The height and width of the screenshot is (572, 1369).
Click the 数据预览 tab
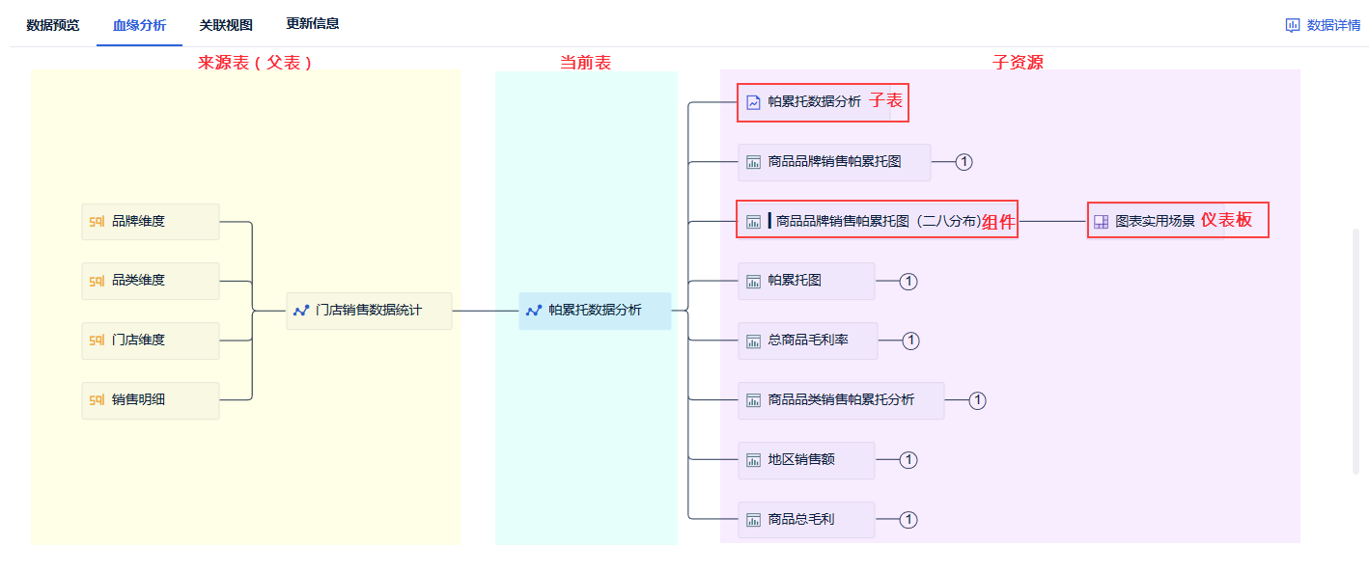tap(53, 25)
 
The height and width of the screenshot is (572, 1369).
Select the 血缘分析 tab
tap(139, 25)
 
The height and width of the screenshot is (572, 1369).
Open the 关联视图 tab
tap(226, 25)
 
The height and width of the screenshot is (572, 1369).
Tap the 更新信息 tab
tap(313, 23)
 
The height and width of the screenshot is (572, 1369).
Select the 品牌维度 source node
tap(151, 221)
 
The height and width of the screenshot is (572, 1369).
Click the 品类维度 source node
tap(151, 281)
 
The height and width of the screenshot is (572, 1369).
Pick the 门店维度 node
tap(151, 340)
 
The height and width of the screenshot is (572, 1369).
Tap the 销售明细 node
tap(151, 399)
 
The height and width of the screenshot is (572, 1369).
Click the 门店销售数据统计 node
tap(369, 311)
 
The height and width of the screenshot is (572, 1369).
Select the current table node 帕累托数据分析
tap(595, 311)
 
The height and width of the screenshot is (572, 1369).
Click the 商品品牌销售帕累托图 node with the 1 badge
tap(834, 162)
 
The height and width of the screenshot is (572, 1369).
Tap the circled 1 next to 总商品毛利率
tap(910, 340)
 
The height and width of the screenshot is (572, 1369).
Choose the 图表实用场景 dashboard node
tap(1154, 221)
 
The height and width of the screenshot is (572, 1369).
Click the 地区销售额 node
tap(806, 460)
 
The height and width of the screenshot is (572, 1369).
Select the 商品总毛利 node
tap(806, 520)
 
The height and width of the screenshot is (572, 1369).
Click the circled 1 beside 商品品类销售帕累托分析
tap(977, 400)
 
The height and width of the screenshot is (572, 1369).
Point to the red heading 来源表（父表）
tap(256, 62)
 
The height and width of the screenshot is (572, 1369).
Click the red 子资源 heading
tap(1018, 62)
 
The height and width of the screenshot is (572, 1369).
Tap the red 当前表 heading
tap(586, 62)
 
